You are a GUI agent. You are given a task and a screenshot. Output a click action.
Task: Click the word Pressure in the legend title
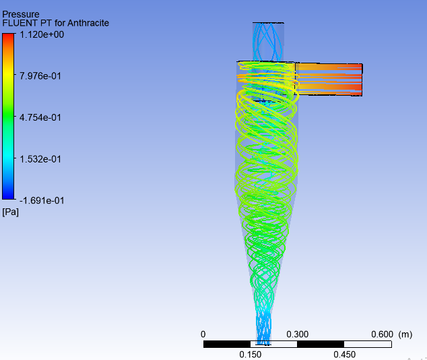[x=21, y=13]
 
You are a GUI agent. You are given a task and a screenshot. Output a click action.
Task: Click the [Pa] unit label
[x=10, y=212]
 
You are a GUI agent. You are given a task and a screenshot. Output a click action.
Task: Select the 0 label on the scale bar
[x=203, y=334]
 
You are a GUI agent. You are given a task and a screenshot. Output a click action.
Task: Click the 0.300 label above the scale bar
[x=297, y=334]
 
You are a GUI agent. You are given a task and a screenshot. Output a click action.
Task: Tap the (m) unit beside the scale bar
[x=405, y=334]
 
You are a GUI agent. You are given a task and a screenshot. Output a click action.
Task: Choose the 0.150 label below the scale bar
[x=250, y=355]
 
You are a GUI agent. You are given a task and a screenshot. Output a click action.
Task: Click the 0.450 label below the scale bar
[x=343, y=355]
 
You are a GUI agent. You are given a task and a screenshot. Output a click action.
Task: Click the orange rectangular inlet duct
[x=329, y=79]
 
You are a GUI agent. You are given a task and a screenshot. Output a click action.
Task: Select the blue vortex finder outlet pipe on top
[x=268, y=41]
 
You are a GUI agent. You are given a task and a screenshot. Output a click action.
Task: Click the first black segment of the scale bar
[x=226, y=344]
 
